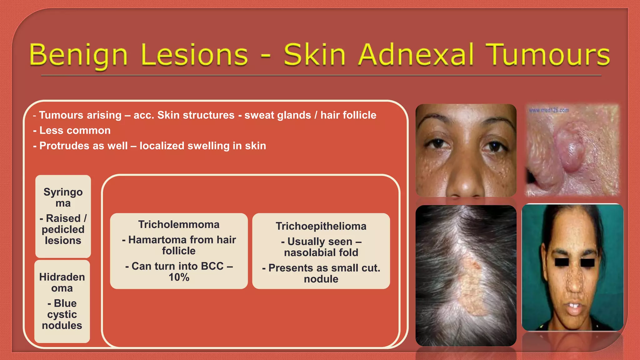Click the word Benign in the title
point(78,55)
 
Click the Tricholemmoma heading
point(179,224)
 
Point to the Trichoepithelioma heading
point(321,226)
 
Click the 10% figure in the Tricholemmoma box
point(179,277)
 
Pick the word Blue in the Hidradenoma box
point(65,303)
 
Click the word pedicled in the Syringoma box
point(63,229)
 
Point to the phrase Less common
point(75,130)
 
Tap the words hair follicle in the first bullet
point(348,115)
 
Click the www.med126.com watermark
point(549,110)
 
